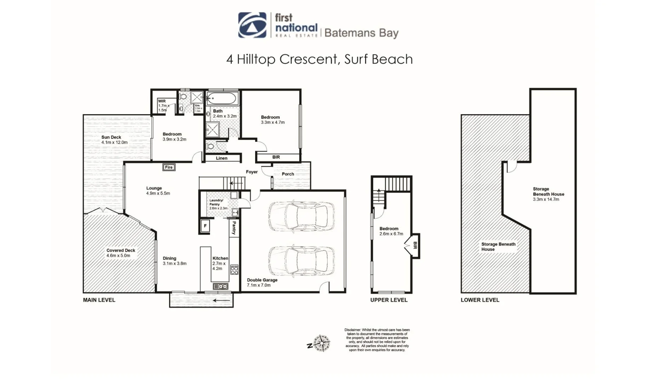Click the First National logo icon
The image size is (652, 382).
coord(252,25)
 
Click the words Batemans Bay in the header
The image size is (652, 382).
coord(361,33)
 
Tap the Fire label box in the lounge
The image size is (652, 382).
coord(169,167)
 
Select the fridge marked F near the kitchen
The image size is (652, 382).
coord(205,226)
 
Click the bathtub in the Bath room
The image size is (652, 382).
coord(222,98)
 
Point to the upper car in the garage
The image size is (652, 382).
coord(301,216)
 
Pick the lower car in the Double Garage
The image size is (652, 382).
coord(301,261)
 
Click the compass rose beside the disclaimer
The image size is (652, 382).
coord(321,343)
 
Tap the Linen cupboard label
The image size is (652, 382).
coord(222,158)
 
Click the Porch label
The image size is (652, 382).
coord(288,174)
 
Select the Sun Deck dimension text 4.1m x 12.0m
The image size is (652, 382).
coord(114,143)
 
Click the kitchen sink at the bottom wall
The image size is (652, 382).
coord(220,286)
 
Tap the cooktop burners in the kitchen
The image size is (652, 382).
coord(234,270)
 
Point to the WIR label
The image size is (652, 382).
coord(162,101)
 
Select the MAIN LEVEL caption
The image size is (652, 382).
coord(99,300)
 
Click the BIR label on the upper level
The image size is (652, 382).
coord(415,245)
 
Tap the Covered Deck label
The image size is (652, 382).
coord(121,250)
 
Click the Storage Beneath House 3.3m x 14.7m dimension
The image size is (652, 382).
coord(546,199)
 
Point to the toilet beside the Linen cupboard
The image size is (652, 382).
coord(210,146)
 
